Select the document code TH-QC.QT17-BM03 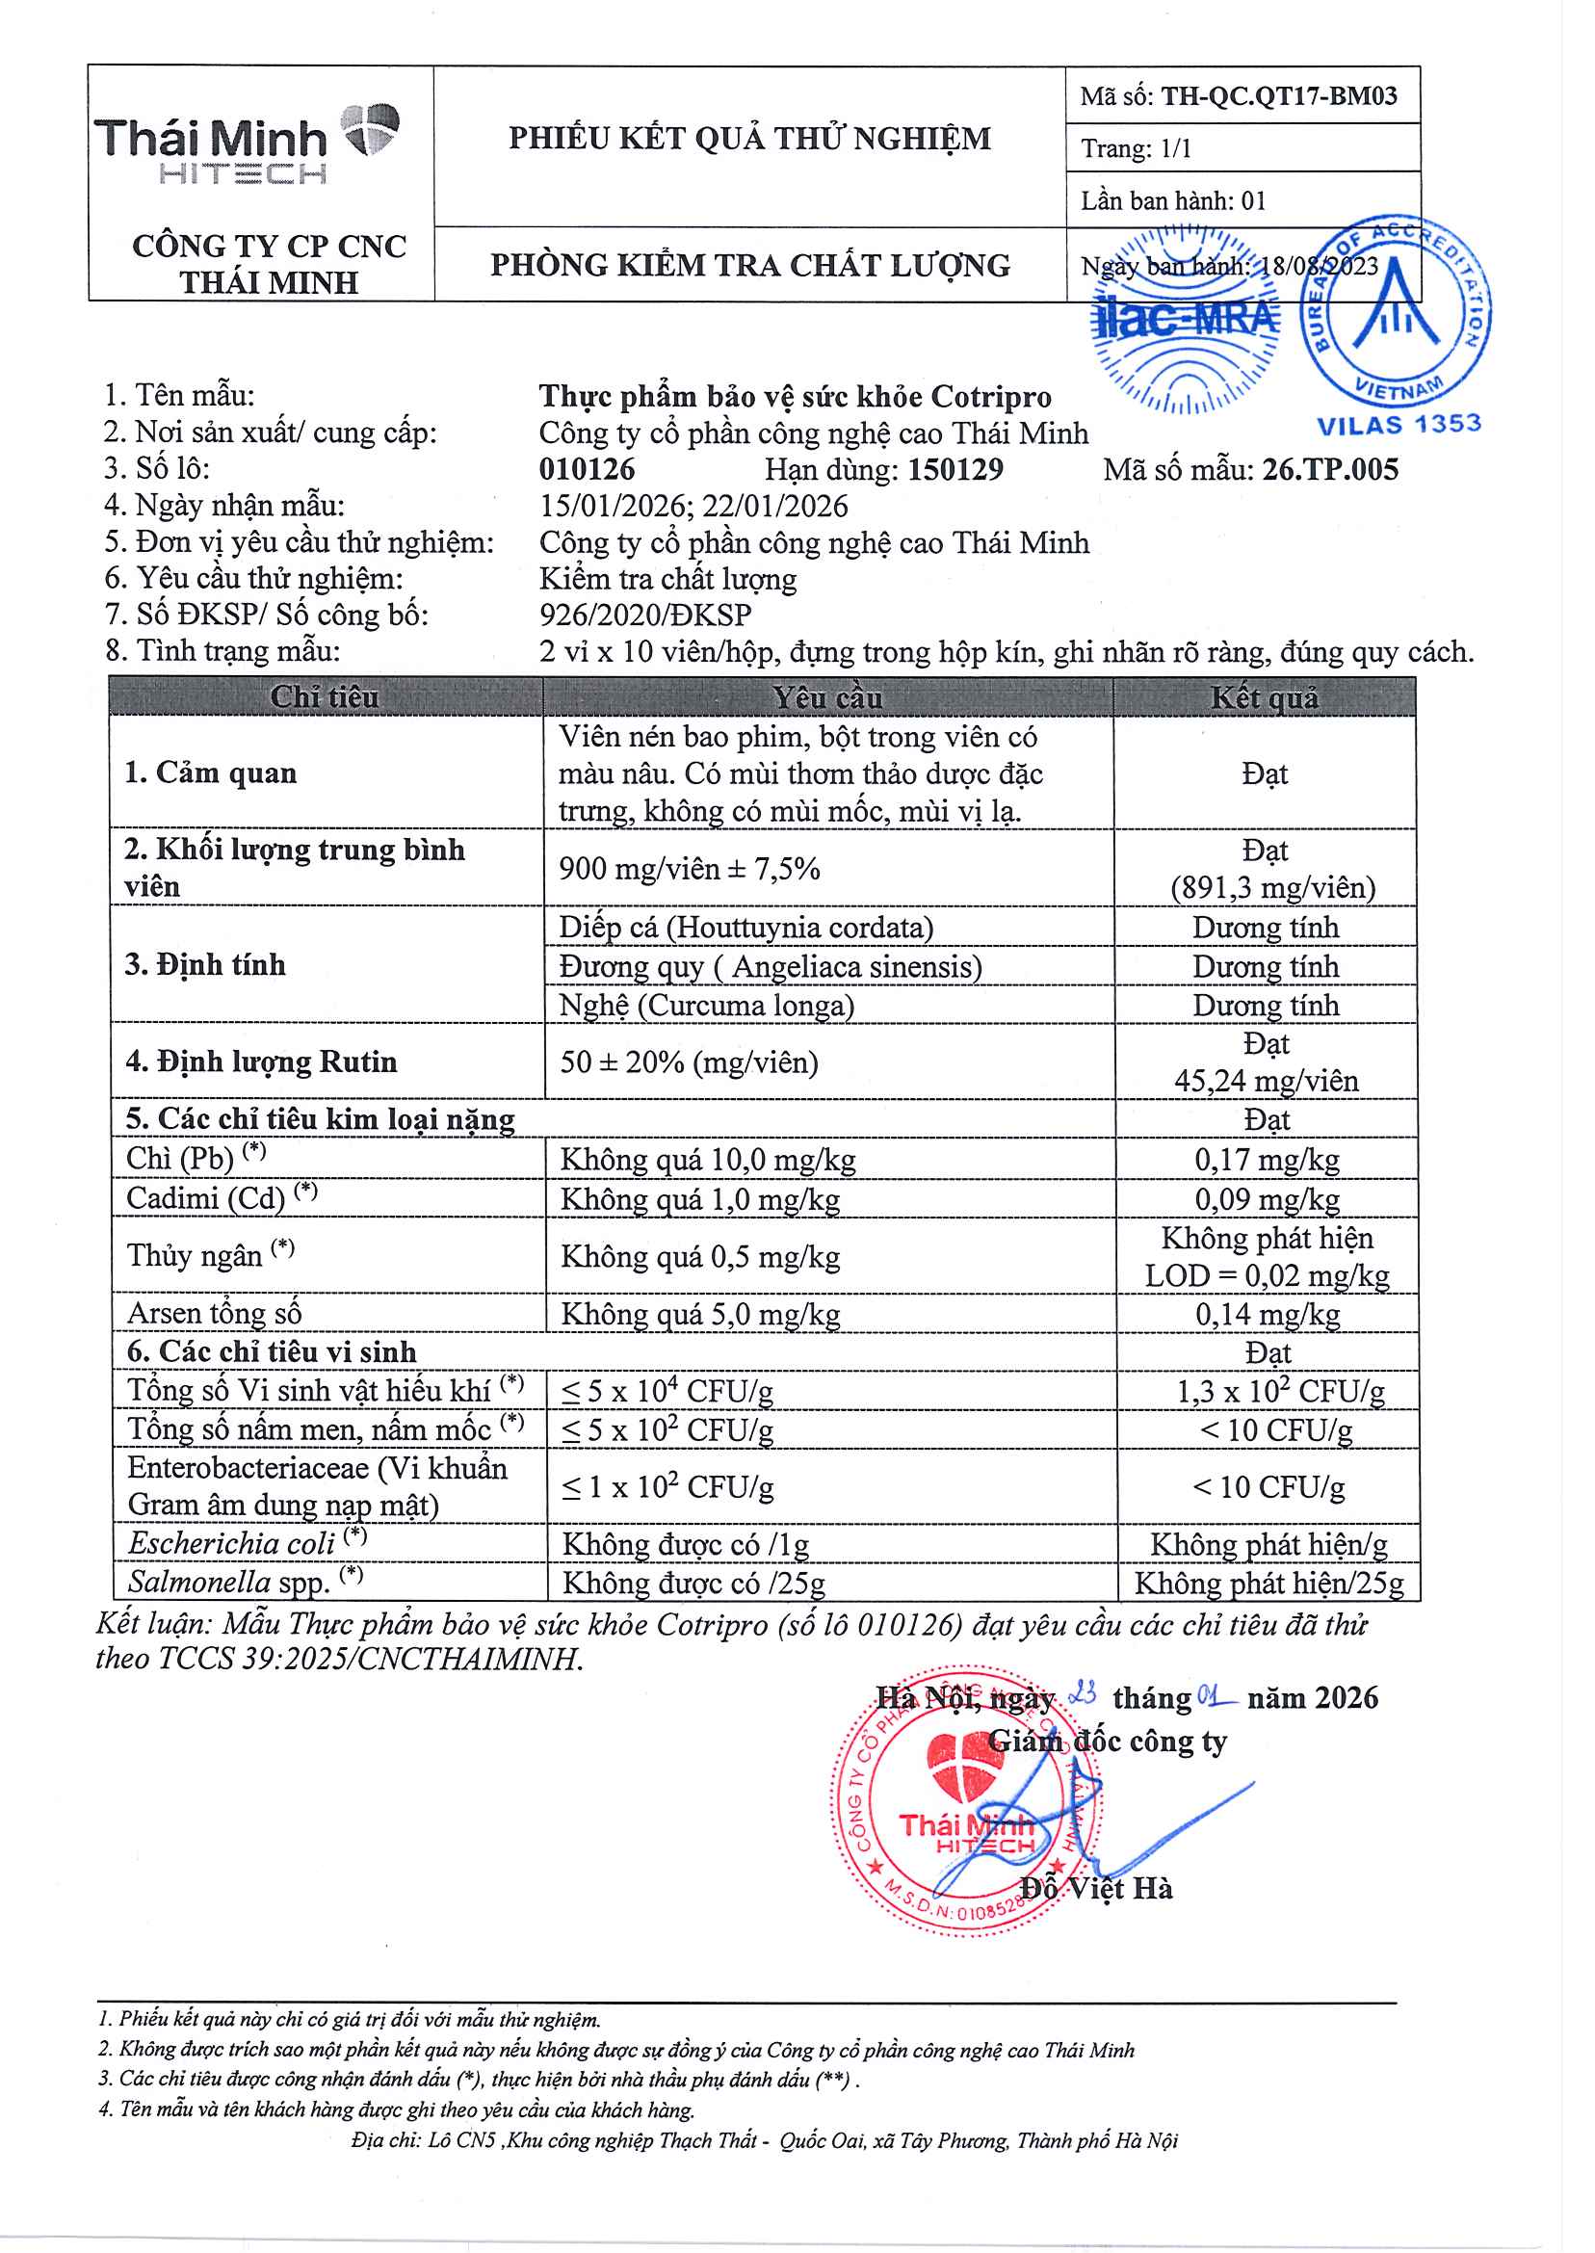tap(1278, 96)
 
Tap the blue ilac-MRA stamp tap(1186, 318)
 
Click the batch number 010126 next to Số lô tap(587, 469)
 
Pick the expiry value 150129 tap(954, 469)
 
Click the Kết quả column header tap(1264, 697)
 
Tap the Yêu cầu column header tap(827, 697)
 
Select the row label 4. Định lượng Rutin tap(261, 1061)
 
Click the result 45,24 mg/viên tap(1266, 1082)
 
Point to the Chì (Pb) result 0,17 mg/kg tap(1266, 1160)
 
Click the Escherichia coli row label tap(233, 1544)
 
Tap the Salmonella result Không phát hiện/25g tap(1268, 1584)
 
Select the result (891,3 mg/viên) tap(1272, 888)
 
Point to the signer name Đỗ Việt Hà tap(1096, 1888)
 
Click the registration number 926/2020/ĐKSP tap(645, 615)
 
